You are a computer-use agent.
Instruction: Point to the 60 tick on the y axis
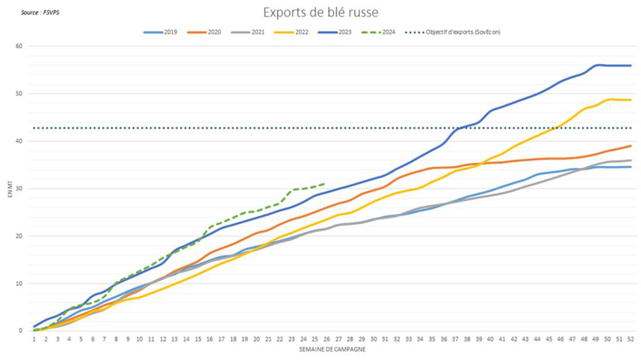pyautogui.click(x=19, y=46)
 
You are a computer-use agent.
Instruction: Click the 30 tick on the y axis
pyautogui.click(x=19, y=188)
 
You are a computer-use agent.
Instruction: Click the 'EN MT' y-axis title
pyautogui.click(x=10, y=188)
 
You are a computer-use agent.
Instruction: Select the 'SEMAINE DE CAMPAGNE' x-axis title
pyautogui.click(x=332, y=350)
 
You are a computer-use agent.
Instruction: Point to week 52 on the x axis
pyautogui.click(x=631, y=340)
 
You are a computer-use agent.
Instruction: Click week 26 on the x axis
pyautogui.click(x=327, y=340)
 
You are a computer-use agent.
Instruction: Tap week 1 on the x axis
pyautogui.click(x=34, y=340)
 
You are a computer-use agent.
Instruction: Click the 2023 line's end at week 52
pyautogui.click(x=631, y=65)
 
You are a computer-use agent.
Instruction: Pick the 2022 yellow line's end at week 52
pyautogui.click(x=631, y=100)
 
